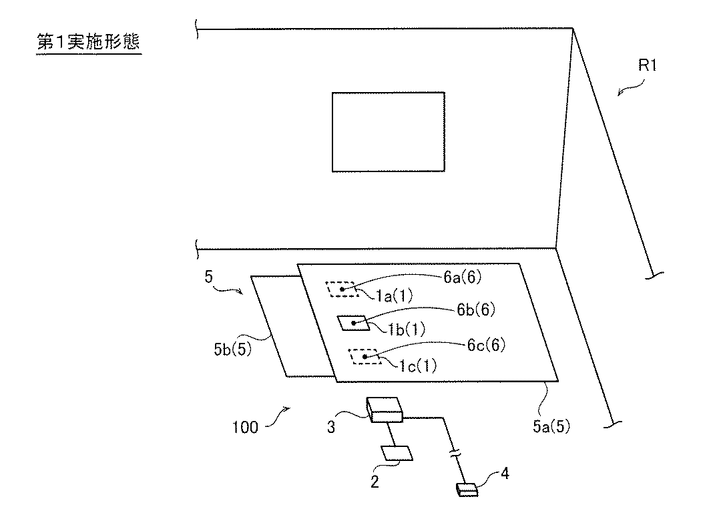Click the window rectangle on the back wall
389,131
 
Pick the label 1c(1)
418,365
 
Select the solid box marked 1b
354,323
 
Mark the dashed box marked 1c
363,357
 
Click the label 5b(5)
232,349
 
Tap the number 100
245,426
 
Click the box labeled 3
385,410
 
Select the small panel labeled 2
397,453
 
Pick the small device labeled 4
467,490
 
